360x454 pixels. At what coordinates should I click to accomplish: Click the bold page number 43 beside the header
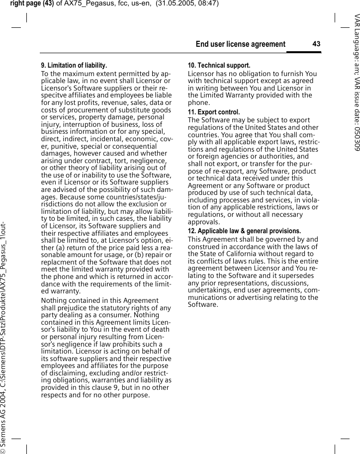coord(316,44)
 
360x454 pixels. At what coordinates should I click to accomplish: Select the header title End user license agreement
coord(241,45)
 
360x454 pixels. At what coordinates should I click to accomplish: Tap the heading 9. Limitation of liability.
coord(74,66)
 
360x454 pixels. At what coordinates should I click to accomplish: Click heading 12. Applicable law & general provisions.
coord(244,231)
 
